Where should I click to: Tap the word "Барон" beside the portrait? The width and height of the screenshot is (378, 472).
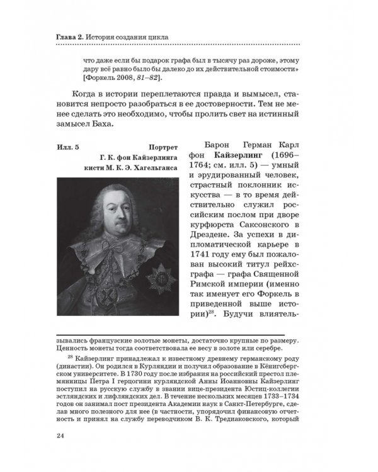(x=204, y=146)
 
